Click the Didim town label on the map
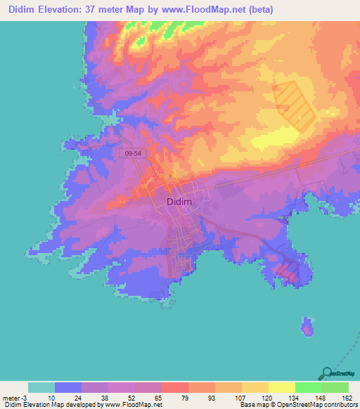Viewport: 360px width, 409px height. point(180,202)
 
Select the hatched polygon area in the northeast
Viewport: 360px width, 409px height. point(295,104)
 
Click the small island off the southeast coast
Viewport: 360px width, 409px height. point(307,327)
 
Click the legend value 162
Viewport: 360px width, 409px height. point(347,396)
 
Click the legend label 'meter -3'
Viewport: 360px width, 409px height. point(13,396)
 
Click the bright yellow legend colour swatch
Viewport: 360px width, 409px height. point(281,387)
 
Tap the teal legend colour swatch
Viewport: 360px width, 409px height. point(41,387)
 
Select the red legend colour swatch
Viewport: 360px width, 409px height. point(174,387)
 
